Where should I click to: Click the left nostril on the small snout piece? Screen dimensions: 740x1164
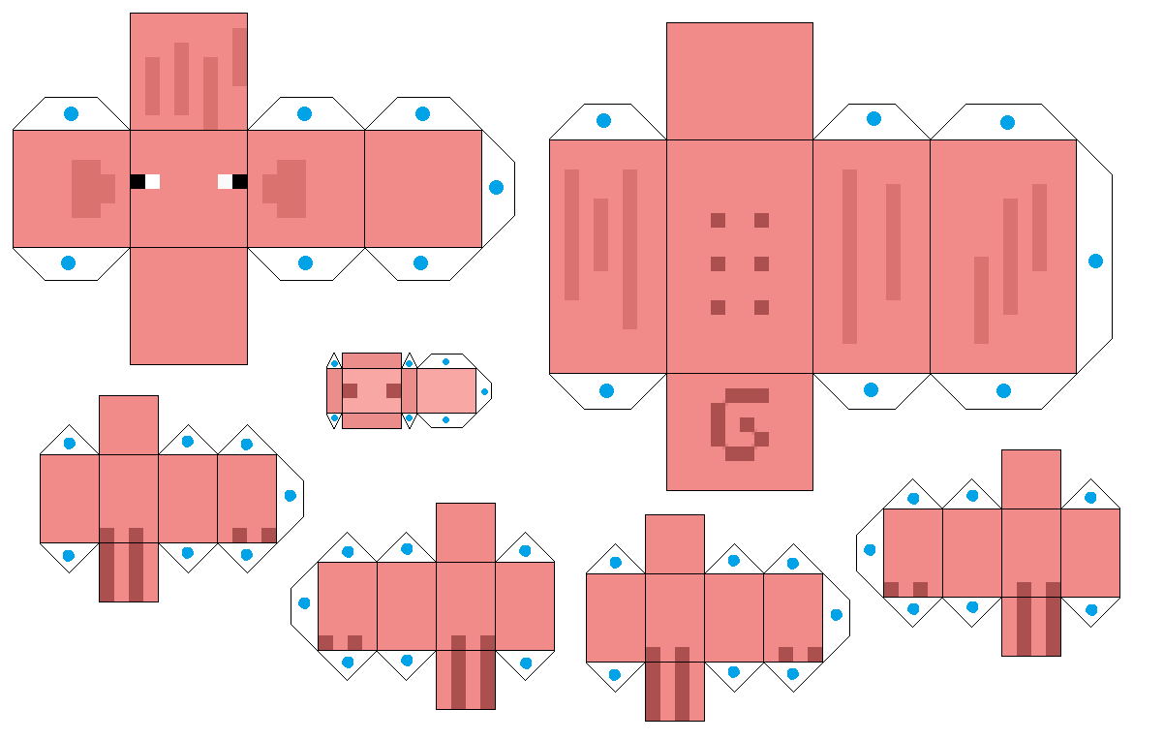point(351,390)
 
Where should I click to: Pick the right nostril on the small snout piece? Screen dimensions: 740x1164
point(393,390)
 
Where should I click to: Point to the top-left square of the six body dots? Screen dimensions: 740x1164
point(718,220)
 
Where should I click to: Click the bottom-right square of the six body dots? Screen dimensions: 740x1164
point(761,307)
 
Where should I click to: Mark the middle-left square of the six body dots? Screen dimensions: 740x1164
point(718,263)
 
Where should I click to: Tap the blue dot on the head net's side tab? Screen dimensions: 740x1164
point(497,187)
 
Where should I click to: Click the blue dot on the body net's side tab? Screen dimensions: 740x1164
point(1095,261)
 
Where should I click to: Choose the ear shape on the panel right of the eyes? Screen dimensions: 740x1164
point(288,188)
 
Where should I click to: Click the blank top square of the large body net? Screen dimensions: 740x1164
point(739,80)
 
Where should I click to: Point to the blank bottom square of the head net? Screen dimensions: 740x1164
point(189,306)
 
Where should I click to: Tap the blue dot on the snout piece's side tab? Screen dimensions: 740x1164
point(485,391)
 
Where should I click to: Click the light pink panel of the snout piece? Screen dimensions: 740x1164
point(446,390)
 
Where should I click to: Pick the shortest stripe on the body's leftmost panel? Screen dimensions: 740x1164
point(600,234)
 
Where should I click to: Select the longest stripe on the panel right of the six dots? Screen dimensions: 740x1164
point(849,257)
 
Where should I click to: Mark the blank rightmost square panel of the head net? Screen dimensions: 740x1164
point(423,189)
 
